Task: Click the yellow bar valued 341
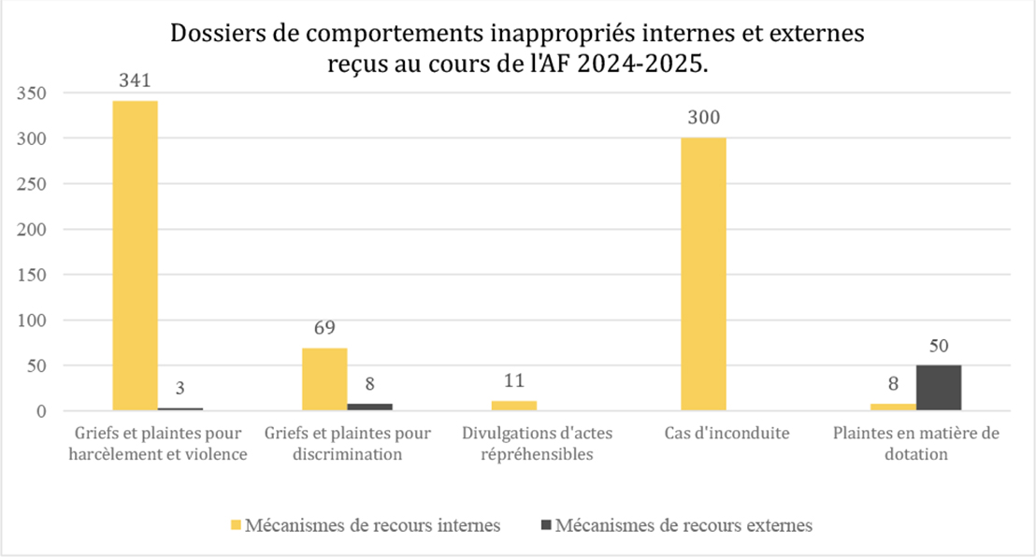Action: pyautogui.click(x=136, y=255)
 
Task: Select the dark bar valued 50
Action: pyautogui.click(x=939, y=388)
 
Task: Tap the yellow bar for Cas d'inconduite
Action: pyautogui.click(x=703, y=274)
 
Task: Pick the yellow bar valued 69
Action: pyautogui.click(x=324, y=379)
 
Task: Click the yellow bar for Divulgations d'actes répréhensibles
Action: pyautogui.click(x=514, y=406)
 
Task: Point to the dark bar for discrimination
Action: pyautogui.click(x=370, y=407)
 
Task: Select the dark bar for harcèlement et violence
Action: pyautogui.click(x=180, y=409)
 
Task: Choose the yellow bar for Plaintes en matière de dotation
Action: pyautogui.click(x=893, y=407)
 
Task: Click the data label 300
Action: pyautogui.click(x=703, y=119)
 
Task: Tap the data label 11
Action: pyautogui.click(x=514, y=381)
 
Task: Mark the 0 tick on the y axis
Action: pyautogui.click(x=41, y=411)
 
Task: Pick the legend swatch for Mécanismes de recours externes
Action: pyautogui.click(x=545, y=525)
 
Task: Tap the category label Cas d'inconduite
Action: pyautogui.click(x=727, y=434)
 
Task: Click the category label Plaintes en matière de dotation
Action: pyautogui.click(x=915, y=444)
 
